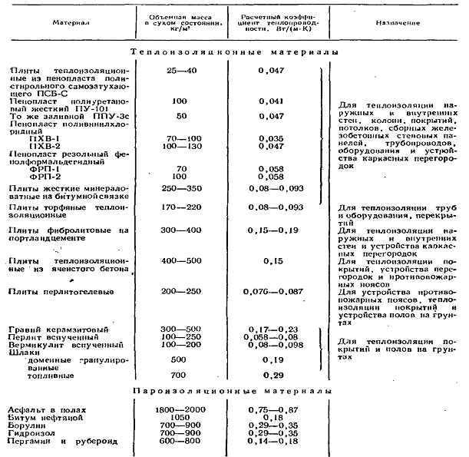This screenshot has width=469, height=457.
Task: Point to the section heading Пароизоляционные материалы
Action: point(233,392)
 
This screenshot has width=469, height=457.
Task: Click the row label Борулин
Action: point(23,425)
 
